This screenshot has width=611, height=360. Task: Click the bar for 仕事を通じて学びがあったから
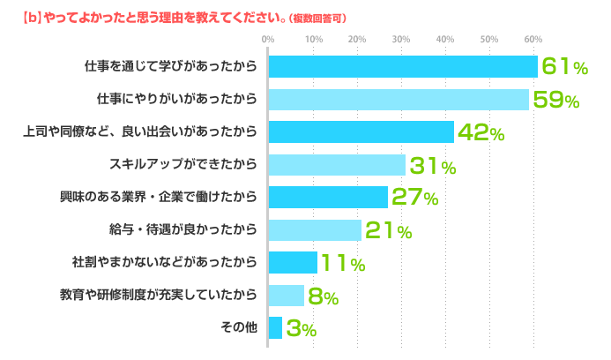[x=402, y=66]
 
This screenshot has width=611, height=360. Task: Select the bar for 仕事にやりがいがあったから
[x=398, y=99]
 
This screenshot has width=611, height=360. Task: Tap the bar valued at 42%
[x=360, y=131]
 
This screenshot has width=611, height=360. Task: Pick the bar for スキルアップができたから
[x=336, y=164]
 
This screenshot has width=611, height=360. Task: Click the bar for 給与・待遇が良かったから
[x=314, y=230]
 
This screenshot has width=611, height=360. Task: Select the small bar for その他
[x=274, y=328]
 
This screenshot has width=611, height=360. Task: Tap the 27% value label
[x=414, y=198]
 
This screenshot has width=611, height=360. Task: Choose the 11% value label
[x=343, y=263]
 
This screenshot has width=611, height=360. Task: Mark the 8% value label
[x=323, y=296]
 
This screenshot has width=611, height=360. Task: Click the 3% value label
[x=301, y=329]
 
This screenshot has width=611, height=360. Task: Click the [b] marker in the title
[x=28, y=17]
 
